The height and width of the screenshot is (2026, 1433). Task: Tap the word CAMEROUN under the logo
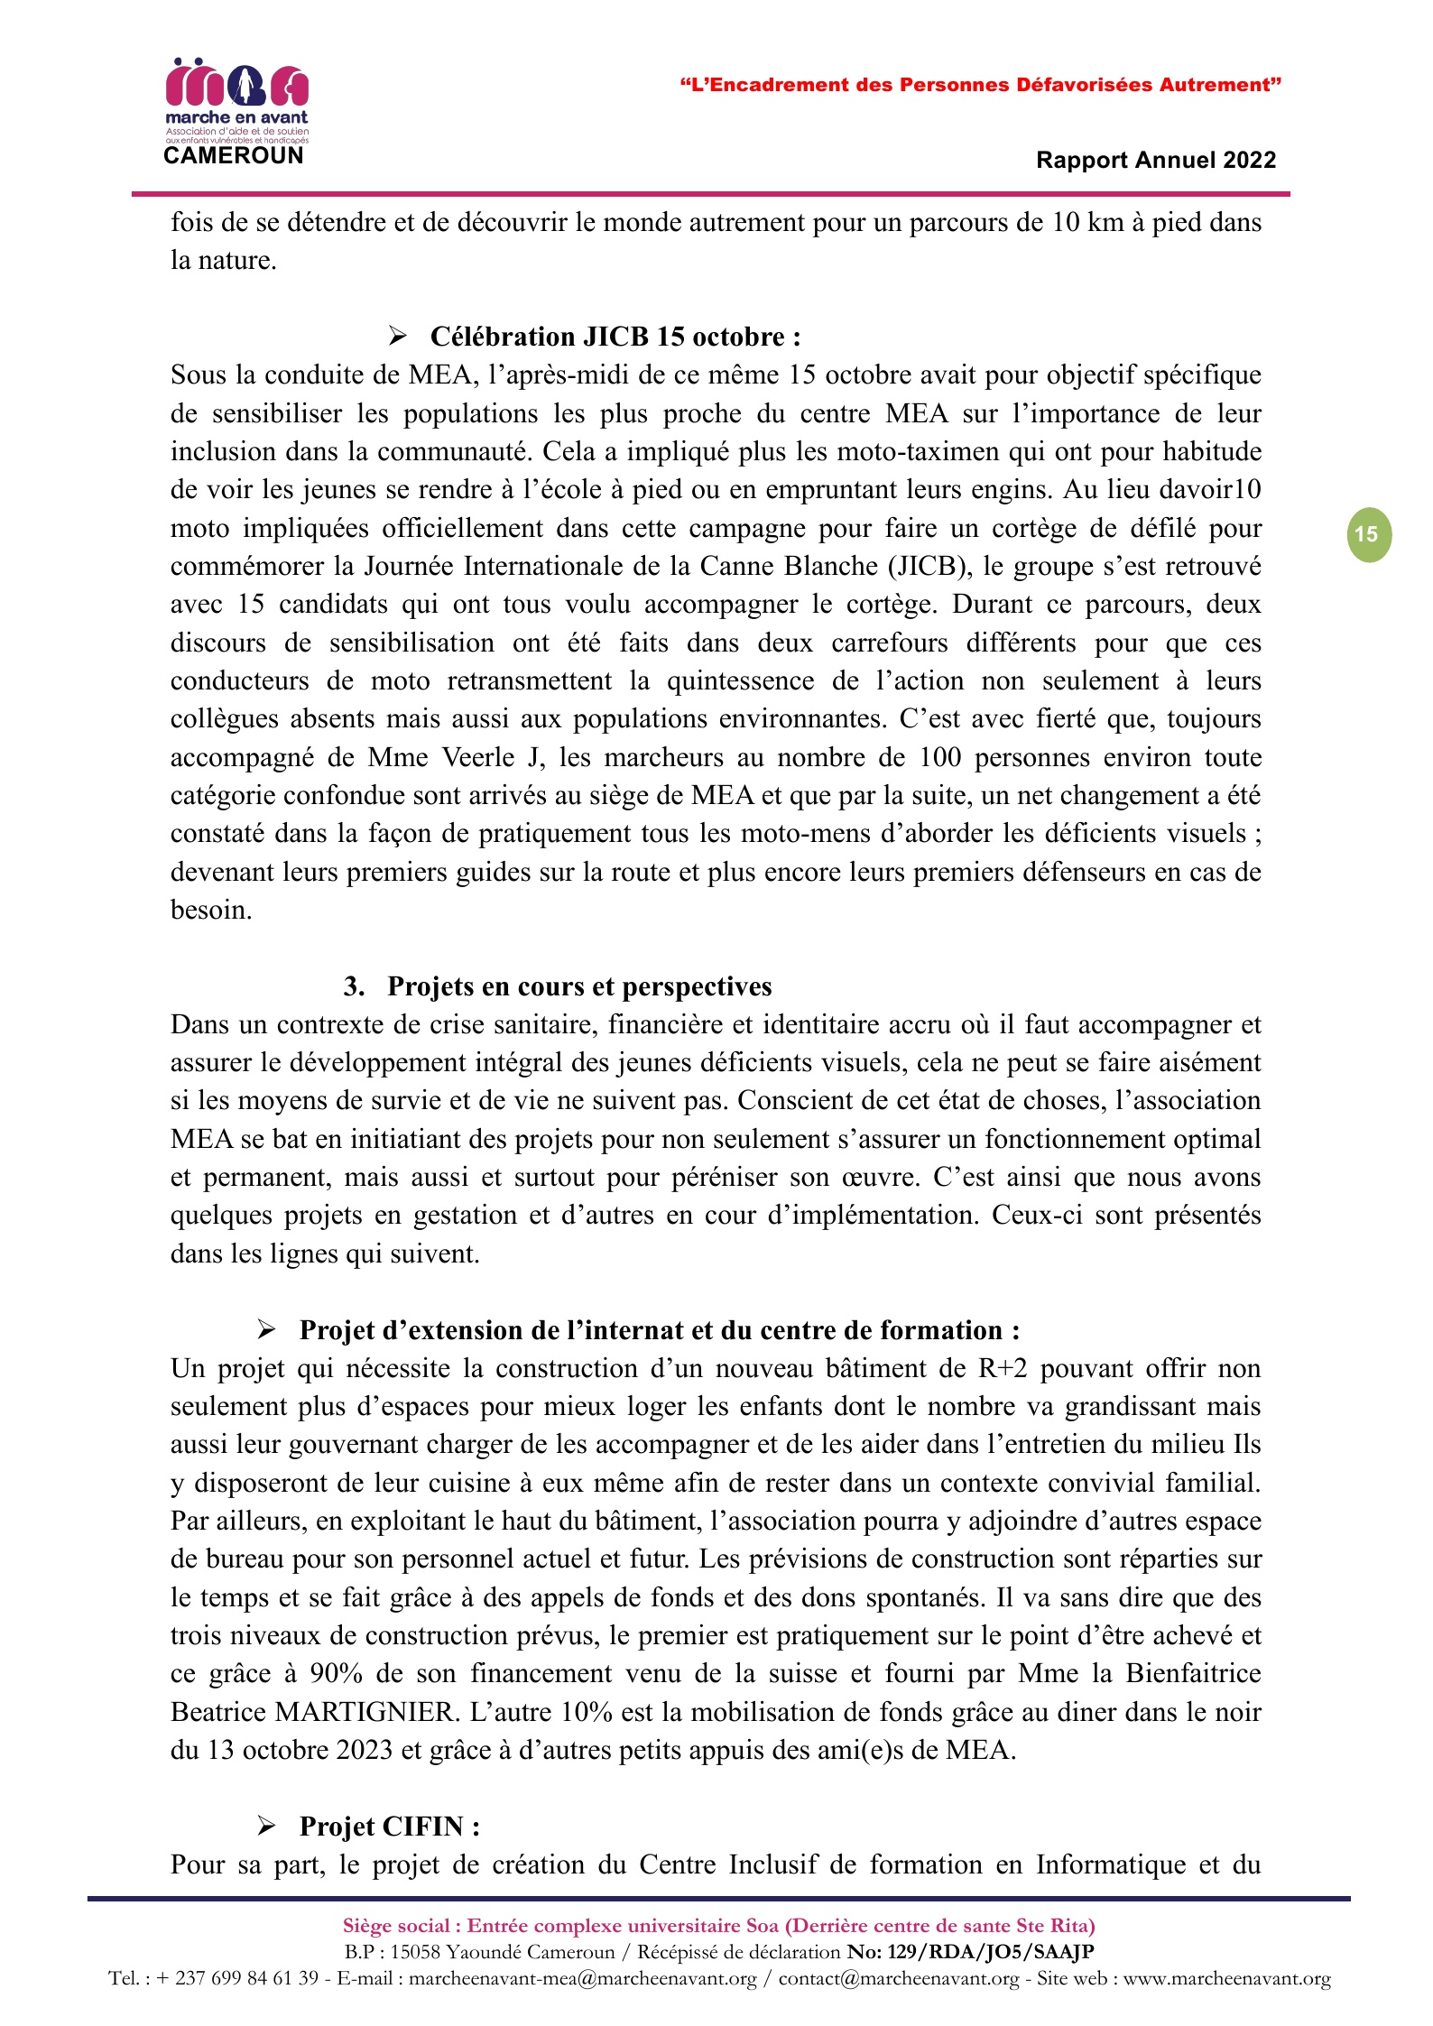point(234,156)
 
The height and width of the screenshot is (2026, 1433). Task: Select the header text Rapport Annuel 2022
point(1156,161)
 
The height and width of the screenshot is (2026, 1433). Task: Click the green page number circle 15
point(1368,534)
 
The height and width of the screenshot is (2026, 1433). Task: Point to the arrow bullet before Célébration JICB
point(397,337)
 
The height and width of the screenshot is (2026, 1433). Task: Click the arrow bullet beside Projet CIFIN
point(266,1826)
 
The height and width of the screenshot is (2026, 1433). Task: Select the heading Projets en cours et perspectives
point(579,986)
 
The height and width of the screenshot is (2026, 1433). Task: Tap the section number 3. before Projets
point(354,986)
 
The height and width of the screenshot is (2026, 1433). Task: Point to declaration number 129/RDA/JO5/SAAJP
point(991,1952)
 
